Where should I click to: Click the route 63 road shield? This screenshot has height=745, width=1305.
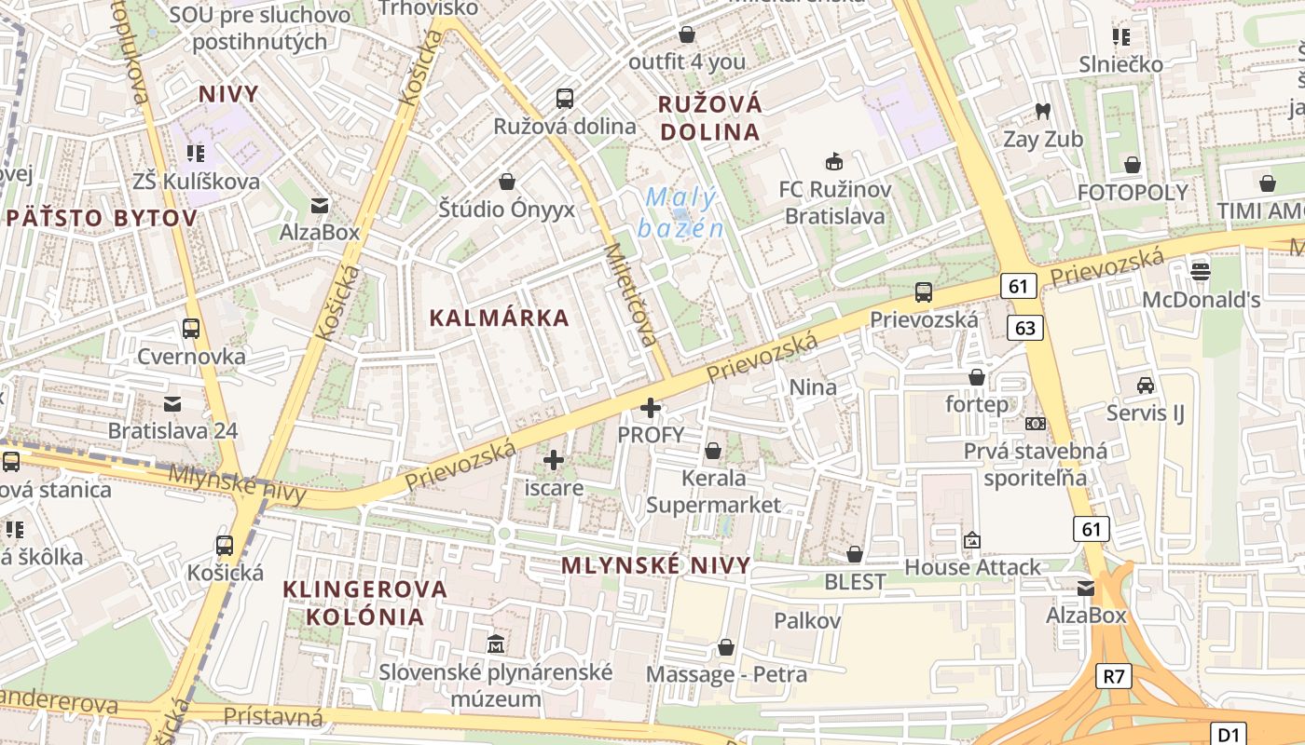(x=1025, y=328)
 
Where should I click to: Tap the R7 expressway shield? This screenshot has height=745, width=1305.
(x=1114, y=676)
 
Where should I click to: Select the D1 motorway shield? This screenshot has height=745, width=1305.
(x=1229, y=734)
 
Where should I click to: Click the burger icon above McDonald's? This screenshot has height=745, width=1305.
(x=1201, y=272)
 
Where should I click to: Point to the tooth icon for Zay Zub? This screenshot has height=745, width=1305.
(x=1043, y=112)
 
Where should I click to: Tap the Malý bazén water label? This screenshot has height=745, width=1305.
(x=680, y=212)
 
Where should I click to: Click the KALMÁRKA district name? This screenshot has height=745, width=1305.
(x=499, y=318)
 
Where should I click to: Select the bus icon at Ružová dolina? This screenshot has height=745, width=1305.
(x=564, y=98)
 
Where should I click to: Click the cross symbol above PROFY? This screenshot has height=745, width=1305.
(x=651, y=408)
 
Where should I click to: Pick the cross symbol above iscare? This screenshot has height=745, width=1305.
(x=554, y=460)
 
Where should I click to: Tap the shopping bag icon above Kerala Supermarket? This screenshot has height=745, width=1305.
(x=713, y=452)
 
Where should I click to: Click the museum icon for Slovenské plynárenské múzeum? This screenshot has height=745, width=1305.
(x=496, y=643)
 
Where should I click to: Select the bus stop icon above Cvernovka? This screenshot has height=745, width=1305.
(x=191, y=329)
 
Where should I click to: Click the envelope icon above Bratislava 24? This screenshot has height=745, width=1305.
(x=172, y=404)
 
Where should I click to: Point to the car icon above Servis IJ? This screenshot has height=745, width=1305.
(x=1145, y=385)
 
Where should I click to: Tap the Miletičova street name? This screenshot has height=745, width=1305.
(x=631, y=295)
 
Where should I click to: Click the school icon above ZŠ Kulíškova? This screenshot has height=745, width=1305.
(x=195, y=153)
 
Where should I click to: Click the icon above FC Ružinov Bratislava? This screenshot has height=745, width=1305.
(x=834, y=162)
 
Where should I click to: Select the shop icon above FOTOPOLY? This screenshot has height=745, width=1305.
(x=1133, y=166)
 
